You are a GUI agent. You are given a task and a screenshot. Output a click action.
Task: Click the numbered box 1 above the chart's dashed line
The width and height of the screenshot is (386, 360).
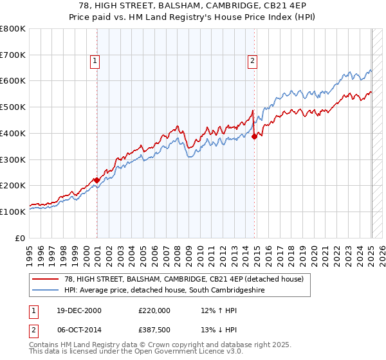coord(95,61)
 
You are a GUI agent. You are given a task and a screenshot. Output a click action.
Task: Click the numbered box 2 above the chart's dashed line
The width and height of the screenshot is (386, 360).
coord(252,61)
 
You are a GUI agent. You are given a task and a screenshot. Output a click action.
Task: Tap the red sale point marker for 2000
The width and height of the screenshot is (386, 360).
coord(96,180)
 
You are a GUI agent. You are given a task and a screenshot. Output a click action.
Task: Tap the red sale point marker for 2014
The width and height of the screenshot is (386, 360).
coord(255,136)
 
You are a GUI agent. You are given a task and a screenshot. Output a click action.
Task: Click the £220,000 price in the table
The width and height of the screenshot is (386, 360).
coord(154,310)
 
